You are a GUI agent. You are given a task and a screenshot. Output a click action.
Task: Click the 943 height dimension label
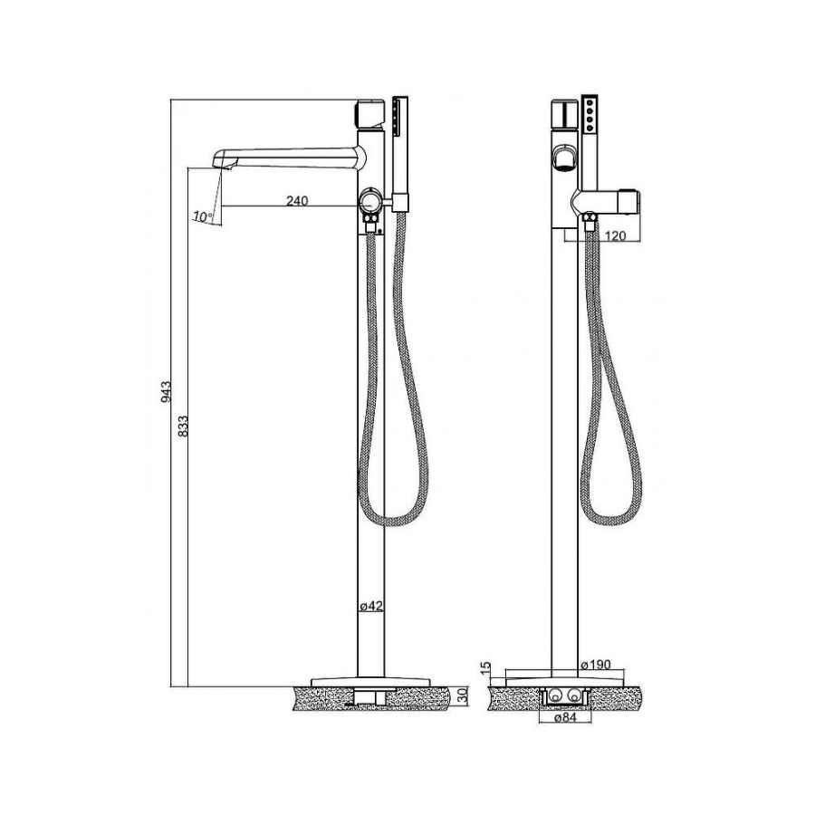pyautogui.click(x=166, y=391)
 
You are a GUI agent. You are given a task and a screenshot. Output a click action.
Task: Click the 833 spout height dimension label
pyautogui.click(x=182, y=426)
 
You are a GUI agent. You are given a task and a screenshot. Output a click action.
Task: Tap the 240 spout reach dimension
pyautogui.click(x=297, y=200)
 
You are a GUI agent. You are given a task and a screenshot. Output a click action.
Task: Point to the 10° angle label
pyautogui.click(x=203, y=216)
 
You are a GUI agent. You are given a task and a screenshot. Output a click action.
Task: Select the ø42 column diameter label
pyautogui.click(x=371, y=606)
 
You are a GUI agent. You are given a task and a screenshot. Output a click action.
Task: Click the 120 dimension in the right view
pyautogui.click(x=616, y=236)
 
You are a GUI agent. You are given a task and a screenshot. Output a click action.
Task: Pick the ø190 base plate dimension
pyautogui.click(x=596, y=665)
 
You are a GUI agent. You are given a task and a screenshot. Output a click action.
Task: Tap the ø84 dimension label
pyautogui.click(x=564, y=718)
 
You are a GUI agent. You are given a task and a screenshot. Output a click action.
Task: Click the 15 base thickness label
pyautogui.click(x=485, y=668)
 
